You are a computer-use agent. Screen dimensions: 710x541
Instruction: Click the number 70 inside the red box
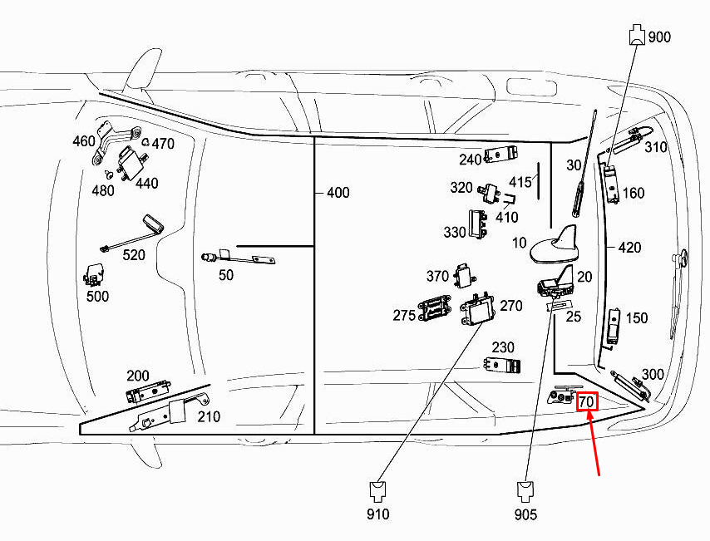tap(586, 402)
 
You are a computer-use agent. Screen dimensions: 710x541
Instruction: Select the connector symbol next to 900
tap(637, 35)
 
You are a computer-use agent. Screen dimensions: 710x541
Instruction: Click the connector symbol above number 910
tap(377, 492)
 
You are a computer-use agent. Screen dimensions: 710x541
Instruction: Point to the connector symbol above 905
tap(525, 492)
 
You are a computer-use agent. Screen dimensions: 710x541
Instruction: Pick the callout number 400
tap(338, 193)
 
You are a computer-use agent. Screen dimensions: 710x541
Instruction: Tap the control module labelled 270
tap(478, 310)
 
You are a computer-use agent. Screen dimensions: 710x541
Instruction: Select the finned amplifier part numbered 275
tap(435, 309)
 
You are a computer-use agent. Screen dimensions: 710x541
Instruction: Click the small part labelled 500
tap(94, 275)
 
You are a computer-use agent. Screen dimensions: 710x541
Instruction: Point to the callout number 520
tap(134, 255)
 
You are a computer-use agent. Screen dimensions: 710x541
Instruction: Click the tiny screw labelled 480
tap(109, 174)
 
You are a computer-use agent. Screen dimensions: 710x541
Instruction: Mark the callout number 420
tap(629, 248)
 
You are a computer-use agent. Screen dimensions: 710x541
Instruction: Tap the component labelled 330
tap(478, 224)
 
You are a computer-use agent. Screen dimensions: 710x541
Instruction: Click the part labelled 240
tap(501, 155)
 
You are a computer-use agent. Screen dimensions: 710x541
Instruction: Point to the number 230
tap(503, 347)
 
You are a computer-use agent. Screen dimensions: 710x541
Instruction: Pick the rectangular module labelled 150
tap(614, 325)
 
